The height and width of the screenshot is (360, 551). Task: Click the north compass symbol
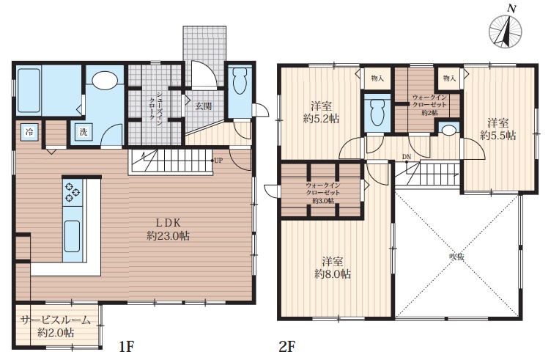pos(506,31)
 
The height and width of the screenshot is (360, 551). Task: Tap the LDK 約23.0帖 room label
pos(168,229)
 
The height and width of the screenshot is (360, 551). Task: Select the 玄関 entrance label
pos(203,106)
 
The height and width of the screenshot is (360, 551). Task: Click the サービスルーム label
pos(55,320)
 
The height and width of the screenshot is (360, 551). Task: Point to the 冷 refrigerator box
pos(29,132)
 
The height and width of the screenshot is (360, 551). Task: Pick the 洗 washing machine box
pos(84,132)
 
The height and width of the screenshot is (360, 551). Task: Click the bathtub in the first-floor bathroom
pos(29,90)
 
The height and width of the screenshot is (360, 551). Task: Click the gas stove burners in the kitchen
pos(73,192)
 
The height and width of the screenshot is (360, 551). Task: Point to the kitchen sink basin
pos(72,236)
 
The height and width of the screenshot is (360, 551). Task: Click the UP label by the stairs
pos(218,161)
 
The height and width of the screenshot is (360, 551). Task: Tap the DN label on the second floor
pos(407,157)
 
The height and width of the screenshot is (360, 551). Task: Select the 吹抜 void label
pos(456,257)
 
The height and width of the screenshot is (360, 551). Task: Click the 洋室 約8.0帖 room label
pos(333,268)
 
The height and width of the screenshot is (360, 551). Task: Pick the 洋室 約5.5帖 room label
pos(498,129)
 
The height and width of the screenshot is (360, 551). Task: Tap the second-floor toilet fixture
pos(377,111)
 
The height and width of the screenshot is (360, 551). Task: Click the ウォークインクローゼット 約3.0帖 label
pos(322,193)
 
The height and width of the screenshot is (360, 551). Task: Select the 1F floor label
pos(127,348)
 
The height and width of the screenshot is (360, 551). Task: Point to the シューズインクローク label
pos(155,106)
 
